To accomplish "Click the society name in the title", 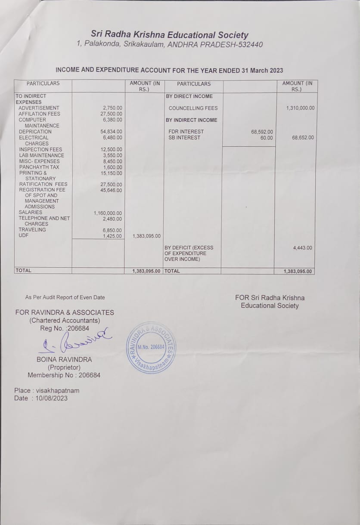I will pos(169,35).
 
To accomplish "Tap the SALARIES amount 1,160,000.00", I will pos(108,213).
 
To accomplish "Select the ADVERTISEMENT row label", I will pos(39,108).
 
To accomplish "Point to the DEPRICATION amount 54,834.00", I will pos(111,132).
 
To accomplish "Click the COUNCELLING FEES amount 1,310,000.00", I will pos(300,108).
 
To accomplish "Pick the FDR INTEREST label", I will pos(186,132).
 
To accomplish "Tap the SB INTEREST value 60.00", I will pos(266,138).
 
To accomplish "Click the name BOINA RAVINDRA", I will pos(64,359).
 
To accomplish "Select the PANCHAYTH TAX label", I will pos(39,167).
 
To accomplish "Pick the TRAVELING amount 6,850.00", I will pos(113,230).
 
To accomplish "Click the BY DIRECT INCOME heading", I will pos(189,96).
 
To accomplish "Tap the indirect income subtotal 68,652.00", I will pos(303,138).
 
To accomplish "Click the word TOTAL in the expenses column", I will pos(23,271).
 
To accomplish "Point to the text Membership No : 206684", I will pos(64,375).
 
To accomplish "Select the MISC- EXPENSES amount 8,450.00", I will pos(113,161).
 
